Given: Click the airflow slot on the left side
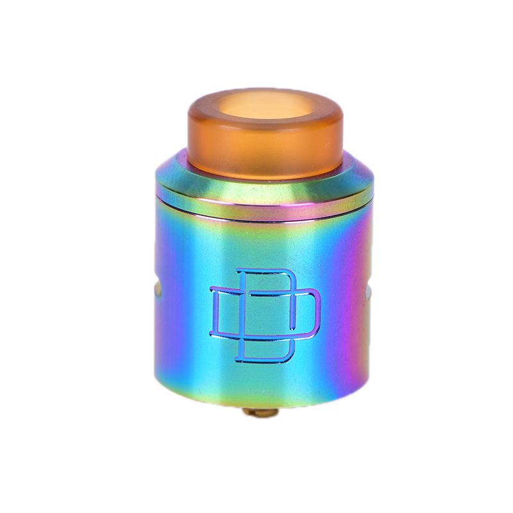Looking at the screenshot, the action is point(158,290).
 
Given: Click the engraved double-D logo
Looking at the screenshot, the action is point(265,315).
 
